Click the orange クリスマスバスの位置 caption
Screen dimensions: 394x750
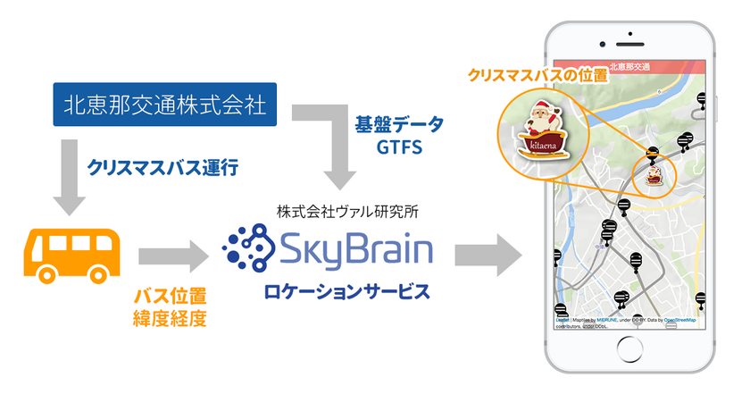point(538,76)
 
